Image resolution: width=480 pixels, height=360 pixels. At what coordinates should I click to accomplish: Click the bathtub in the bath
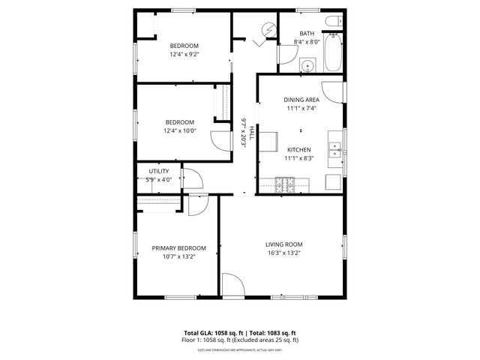click(334, 55)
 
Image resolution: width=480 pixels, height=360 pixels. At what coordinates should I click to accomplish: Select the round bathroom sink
click(307, 66)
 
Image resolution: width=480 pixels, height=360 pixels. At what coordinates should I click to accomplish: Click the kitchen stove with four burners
click(286, 183)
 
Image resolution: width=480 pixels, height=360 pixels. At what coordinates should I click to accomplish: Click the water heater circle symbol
click(265, 30)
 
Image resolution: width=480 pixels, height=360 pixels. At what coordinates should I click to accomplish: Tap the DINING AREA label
click(301, 100)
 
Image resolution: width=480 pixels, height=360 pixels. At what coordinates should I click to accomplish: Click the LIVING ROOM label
click(283, 244)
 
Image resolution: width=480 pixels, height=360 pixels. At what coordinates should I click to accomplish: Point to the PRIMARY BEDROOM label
click(178, 248)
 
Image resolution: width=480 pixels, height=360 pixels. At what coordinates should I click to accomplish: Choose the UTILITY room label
click(159, 172)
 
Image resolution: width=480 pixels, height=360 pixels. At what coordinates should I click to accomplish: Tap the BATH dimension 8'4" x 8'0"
click(307, 43)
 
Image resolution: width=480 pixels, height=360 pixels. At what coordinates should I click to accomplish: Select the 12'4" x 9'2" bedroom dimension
click(183, 54)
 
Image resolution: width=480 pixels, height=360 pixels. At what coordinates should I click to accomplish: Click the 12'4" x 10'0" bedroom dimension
click(180, 131)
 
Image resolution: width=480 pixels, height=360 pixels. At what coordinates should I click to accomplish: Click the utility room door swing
click(192, 179)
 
